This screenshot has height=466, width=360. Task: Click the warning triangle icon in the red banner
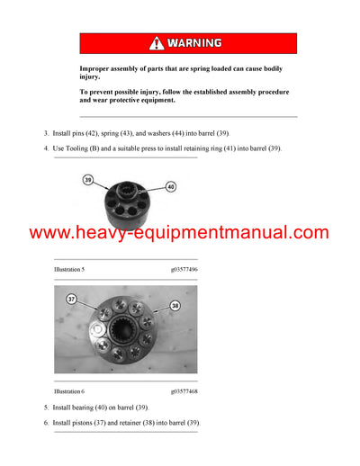(157, 43)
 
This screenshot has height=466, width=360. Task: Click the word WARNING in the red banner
(193, 43)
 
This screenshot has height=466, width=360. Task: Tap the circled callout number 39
(87, 180)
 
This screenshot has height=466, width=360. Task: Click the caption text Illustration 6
(73, 391)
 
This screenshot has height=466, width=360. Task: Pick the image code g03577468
(185, 391)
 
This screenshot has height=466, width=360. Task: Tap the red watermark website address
(180, 233)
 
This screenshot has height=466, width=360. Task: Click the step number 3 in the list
(47, 133)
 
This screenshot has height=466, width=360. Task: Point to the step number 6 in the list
(47, 422)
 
